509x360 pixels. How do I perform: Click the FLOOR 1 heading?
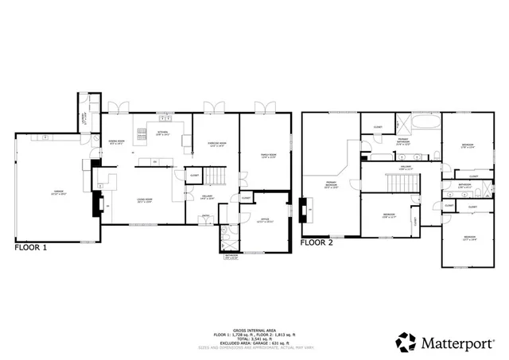tap(31, 248)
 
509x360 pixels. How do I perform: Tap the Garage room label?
tap(58, 192)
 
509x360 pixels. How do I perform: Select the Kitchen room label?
tap(163, 134)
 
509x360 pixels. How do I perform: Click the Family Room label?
tap(268, 156)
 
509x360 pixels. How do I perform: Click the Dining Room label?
tap(117, 142)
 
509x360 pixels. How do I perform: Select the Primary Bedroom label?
tap(332, 187)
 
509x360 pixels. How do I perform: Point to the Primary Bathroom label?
tap(404, 143)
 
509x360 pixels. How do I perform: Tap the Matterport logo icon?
tap(406, 343)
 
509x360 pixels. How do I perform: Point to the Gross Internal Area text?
tap(254, 329)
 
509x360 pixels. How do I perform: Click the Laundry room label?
tap(84, 119)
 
